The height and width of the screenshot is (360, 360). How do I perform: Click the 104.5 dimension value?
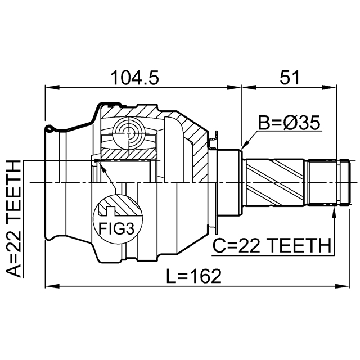tap(135, 78)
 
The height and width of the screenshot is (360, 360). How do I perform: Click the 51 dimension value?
tap(290, 78)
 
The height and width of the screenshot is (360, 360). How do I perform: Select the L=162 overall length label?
tap(193, 276)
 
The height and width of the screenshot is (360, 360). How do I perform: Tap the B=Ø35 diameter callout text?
tap(289, 123)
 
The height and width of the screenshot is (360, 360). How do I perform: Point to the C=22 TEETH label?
tap(272, 245)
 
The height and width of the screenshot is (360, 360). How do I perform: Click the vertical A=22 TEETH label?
tap(13, 219)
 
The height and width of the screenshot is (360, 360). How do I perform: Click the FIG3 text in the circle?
tap(116, 228)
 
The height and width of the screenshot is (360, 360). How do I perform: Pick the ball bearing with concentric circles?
tap(129, 133)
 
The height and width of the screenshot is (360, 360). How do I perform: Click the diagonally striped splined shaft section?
tap(275, 182)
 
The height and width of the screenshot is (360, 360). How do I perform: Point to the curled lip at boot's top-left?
tap(49, 129)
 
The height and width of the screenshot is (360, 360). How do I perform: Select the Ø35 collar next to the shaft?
tap(229, 182)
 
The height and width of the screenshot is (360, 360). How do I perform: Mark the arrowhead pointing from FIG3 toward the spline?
tap(102, 168)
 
